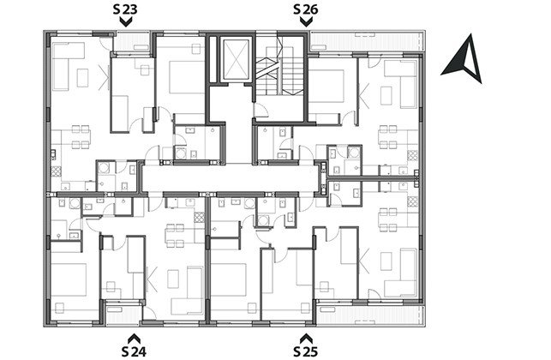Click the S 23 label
click(x=125, y=9)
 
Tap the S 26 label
click(x=305, y=9)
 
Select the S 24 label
click(x=134, y=351)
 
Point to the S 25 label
click(x=305, y=351)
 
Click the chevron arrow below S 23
click(x=126, y=22)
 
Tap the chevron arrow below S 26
click(x=307, y=22)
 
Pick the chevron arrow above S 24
click(x=134, y=338)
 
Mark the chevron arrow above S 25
click(x=306, y=338)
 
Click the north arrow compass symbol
click(x=463, y=58)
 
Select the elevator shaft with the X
click(x=237, y=58)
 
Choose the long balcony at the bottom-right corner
click(x=370, y=315)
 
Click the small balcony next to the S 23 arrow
click(x=133, y=42)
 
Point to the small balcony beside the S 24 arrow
click(x=123, y=313)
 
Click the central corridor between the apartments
click(x=231, y=178)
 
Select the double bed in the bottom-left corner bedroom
click(x=69, y=279)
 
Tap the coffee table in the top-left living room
click(x=82, y=78)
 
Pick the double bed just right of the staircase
click(x=326, y=86)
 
